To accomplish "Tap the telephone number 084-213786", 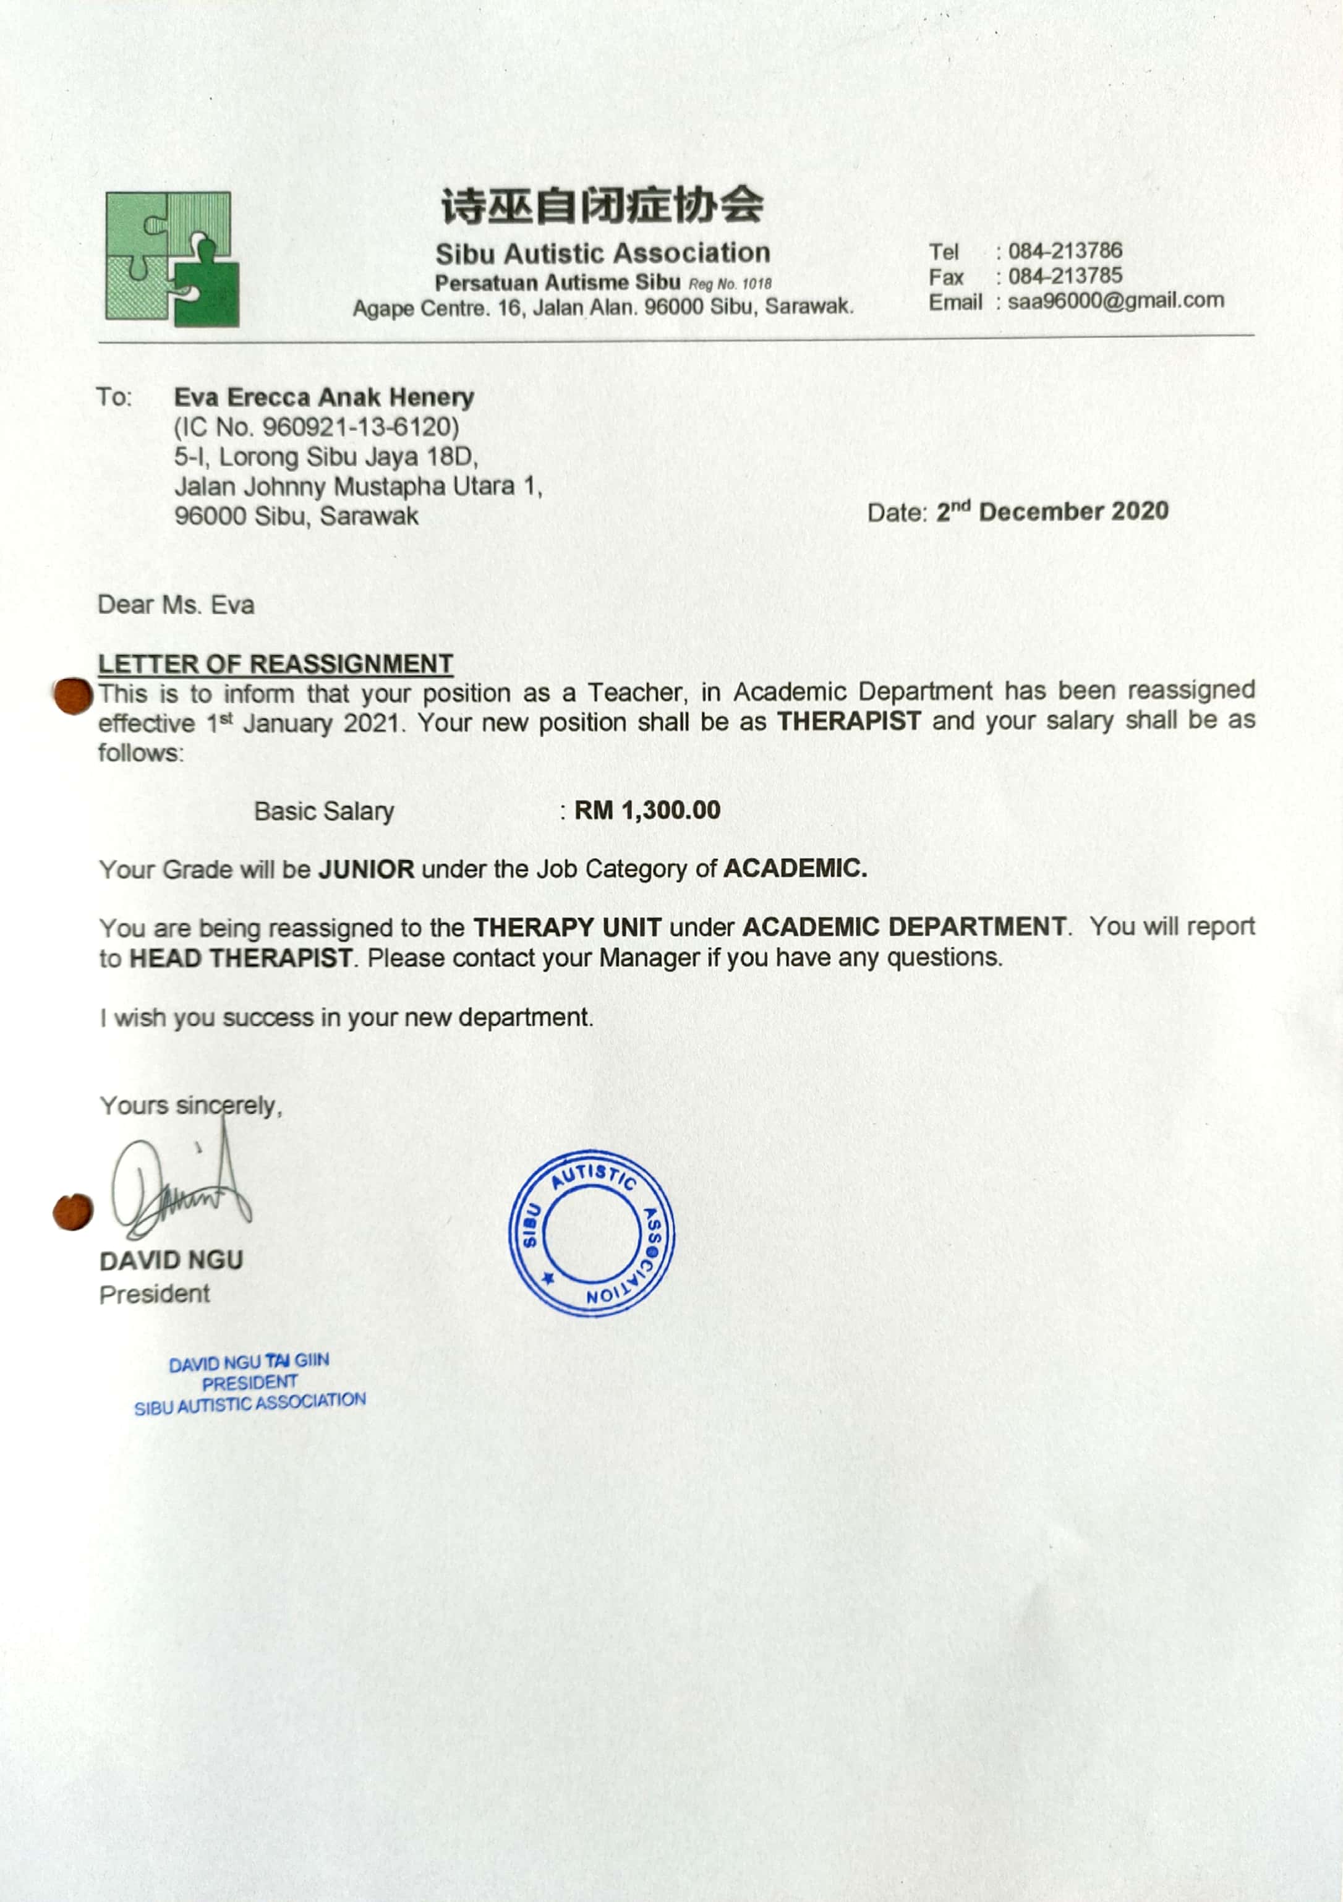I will tap(1065, 250).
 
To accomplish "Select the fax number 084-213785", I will tap(1065, 276).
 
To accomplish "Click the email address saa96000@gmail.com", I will tap(1115, 301).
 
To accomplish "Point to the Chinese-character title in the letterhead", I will tap(602, 205).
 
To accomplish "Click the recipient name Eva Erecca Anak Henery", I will tap(324, 398).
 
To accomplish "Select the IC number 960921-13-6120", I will tap(360, 427).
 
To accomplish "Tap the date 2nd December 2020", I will tap(1052, 511).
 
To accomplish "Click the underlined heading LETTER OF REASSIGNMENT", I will tap(275, 663).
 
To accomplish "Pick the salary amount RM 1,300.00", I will tap(647, 810).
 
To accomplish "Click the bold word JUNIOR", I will tap(366, 869).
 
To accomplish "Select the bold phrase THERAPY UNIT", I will tap(567, 927).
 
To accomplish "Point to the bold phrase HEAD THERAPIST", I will tap(241, 958).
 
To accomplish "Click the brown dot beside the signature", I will tap(73, 1212).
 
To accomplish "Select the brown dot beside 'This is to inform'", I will tap(73, 695).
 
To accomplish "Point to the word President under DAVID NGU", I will tap(154, 1294).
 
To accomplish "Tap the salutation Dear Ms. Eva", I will tap(176, 605).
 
